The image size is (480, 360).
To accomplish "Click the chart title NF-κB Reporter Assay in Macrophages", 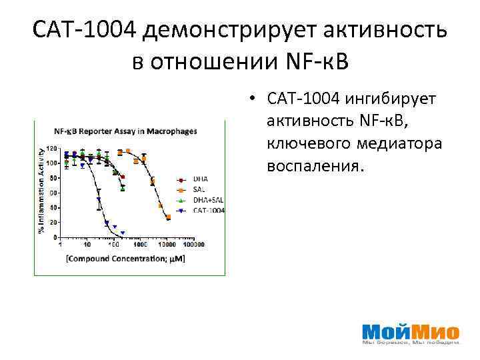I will pos(125,131).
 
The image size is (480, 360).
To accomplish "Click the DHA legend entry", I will pos(200,179).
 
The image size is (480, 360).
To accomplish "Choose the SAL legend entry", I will pos(199,189).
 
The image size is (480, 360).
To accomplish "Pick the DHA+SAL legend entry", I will pos(207,199).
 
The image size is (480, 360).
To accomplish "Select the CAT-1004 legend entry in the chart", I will pos(208,210).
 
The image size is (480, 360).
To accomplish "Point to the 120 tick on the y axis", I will pos(51,148).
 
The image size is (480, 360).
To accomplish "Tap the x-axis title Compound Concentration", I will pos(125,257).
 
